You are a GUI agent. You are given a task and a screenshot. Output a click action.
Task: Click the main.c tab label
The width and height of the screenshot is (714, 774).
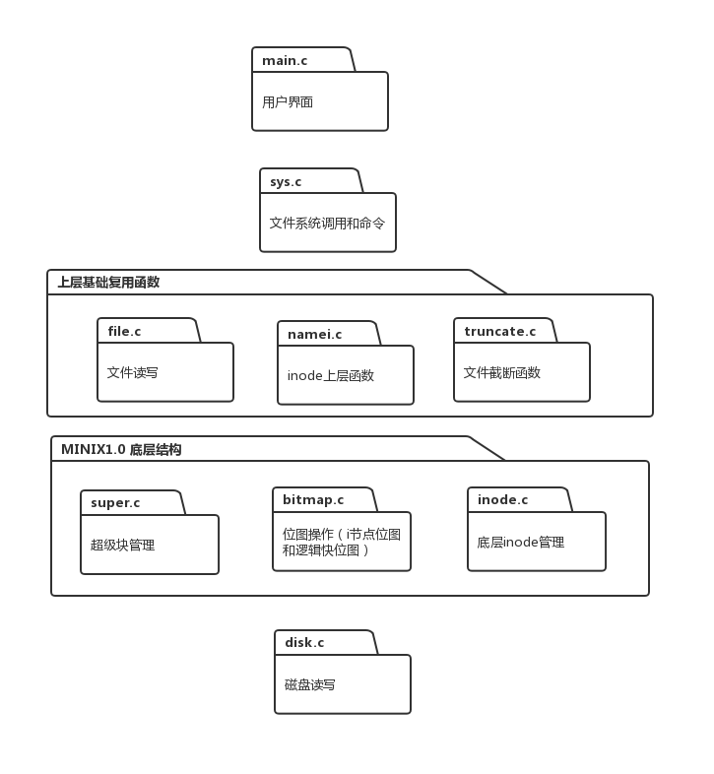pyautogui.click(x=285, y=61)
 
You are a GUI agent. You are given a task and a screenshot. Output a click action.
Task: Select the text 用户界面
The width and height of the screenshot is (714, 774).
pyautogui.click(x=288, y=101)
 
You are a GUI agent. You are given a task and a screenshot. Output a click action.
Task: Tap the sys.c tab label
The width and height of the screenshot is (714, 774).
pyautogui.click(x=286, y=182)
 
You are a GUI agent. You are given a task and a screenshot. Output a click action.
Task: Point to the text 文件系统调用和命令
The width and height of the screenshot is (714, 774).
pyautogui.click(x=327, y=224)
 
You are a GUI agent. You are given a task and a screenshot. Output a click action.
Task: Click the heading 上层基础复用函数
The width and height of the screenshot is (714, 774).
pyautogui.click(x=108, y=282)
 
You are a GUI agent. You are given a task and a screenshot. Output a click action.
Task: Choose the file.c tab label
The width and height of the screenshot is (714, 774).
pyautogui.click(x=124, y=331)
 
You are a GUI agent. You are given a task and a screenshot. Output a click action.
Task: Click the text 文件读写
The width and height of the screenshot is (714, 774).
pyautogui.click(x=133, y=373)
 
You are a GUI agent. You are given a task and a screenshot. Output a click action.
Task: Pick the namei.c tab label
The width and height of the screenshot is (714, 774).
pyautogui.click(x=314, y=335)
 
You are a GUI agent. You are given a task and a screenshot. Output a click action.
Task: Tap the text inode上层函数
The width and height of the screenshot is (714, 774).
pyautogui.click(x=331, y=375)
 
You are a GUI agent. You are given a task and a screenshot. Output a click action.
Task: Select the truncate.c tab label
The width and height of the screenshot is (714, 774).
pyautogui.click(x=500, y=331)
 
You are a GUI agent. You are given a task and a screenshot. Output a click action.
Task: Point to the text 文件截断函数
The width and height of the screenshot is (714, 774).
pyautogui.click(x=502, y=373)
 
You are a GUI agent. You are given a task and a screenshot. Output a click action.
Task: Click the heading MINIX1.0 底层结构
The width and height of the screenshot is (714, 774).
pyautogui.click(x=121, y=449)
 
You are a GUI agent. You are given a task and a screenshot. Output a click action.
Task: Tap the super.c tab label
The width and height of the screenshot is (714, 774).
pyautogui.click(x=115, y=503)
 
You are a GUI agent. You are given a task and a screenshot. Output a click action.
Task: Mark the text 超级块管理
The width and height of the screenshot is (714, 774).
pyautogui.click(x=123, y=545)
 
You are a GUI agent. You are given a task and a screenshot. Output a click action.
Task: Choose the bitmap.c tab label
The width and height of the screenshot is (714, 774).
pyautogui.click(x=313, y=500)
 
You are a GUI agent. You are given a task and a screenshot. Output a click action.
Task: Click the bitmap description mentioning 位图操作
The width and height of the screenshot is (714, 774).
pyautogui.click(x=341, y=542)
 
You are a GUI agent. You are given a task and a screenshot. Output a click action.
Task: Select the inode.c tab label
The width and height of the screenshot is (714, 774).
pyautogui.click(x=502, y=500)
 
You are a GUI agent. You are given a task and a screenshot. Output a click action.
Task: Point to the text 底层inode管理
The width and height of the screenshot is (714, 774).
pyautogui.click(x=521, y=542)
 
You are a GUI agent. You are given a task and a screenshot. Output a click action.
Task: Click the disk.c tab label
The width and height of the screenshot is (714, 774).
pyautogui.click(x=304, y=643)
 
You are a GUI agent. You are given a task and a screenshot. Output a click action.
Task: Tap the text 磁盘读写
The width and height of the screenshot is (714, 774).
pyautogui.click(x=310, y=684)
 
